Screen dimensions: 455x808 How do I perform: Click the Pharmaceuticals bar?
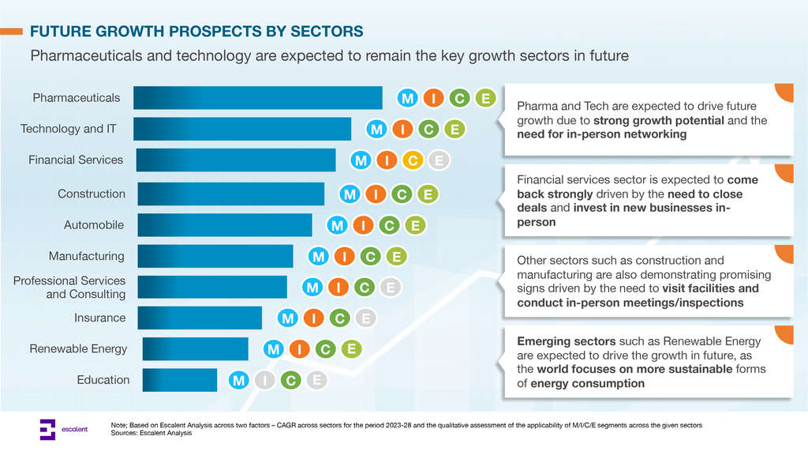(257, 98)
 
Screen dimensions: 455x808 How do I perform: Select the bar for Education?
(178, 380)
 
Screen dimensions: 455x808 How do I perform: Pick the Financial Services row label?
(76, 160)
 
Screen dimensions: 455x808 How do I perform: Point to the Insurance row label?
(99, 318)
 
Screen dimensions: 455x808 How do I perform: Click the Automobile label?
(94, 225)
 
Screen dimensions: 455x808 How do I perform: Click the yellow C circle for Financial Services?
(412, 161)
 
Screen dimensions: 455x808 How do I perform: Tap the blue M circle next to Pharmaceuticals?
(407, 99)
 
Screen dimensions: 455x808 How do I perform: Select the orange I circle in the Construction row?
(376, 194)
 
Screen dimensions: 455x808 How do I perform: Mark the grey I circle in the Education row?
(264, 381)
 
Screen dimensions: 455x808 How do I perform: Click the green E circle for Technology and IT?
(454, 129)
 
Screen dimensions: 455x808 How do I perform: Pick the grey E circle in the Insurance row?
(364, 318)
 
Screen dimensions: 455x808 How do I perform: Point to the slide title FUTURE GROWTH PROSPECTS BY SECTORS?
(196, 32)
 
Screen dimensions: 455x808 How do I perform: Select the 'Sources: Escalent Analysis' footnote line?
(151, 433)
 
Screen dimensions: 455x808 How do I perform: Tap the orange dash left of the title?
(11, 32)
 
